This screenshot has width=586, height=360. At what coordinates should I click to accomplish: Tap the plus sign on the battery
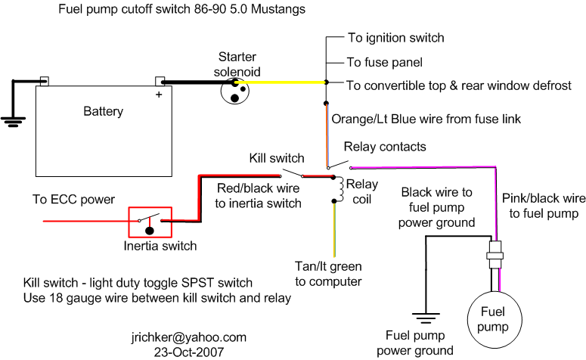tap(159, 95)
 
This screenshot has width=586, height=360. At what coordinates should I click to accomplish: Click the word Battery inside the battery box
tap(103, 111)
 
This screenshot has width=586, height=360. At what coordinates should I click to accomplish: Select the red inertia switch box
tap(129, 222)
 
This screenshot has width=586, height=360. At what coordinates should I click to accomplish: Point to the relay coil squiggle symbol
tap(340, 190)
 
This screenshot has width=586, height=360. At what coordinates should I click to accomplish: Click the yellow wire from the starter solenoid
tap(281, 82)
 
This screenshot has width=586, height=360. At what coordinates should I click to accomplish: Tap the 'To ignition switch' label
tap(396, 38)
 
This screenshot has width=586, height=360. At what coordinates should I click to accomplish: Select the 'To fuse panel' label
tap(385, 62)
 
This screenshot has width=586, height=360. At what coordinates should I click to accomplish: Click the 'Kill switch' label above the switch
tap(277, 158)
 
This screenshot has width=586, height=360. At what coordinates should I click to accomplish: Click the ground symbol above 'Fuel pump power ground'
tap(426, 318)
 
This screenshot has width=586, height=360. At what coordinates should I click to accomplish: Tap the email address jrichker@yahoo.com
tap(189, 337)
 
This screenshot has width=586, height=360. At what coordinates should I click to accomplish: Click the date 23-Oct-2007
tap(189, 352)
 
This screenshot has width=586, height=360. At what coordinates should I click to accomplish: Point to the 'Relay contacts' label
tap(385, 147)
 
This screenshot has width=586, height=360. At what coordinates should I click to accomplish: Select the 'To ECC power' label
tap(73, 199)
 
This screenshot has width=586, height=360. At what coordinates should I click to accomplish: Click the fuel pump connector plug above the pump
tap(495, 255)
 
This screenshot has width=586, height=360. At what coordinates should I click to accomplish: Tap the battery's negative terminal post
tap(45, 81)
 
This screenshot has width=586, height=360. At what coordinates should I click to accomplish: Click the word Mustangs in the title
tap(278, 9)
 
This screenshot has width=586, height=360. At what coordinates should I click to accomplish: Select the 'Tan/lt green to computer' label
tap(328, 274)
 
